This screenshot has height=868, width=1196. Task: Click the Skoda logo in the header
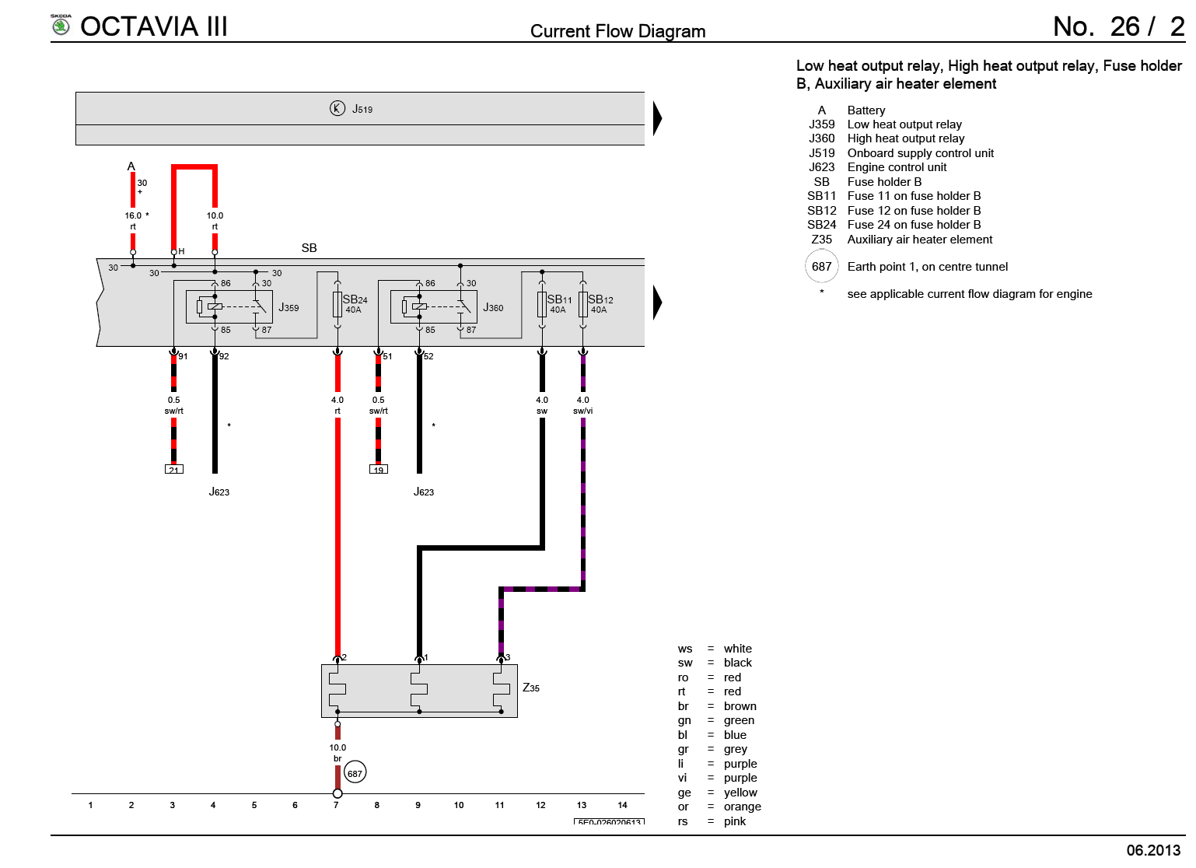61,26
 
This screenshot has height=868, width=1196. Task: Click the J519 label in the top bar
362,109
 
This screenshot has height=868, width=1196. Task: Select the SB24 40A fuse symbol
337,304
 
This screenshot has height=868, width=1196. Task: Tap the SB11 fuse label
559,300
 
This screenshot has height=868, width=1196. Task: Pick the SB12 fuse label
600,300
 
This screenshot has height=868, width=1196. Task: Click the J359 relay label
289,308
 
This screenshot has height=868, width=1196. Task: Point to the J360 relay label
493,308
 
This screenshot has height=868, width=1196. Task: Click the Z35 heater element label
531,688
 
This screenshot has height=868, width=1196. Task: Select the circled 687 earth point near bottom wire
355,773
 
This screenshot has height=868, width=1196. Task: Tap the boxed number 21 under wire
173,470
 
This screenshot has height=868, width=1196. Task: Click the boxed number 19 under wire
378,470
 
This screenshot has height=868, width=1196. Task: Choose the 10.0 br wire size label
337,752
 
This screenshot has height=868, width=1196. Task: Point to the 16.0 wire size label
133,215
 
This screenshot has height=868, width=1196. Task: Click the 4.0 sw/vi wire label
582,405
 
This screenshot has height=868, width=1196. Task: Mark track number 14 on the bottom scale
622,805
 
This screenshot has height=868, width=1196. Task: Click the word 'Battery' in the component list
866,110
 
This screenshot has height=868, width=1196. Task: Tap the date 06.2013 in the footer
1153,850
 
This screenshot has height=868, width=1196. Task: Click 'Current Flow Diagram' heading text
617,31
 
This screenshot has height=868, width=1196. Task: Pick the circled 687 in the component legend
821,267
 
